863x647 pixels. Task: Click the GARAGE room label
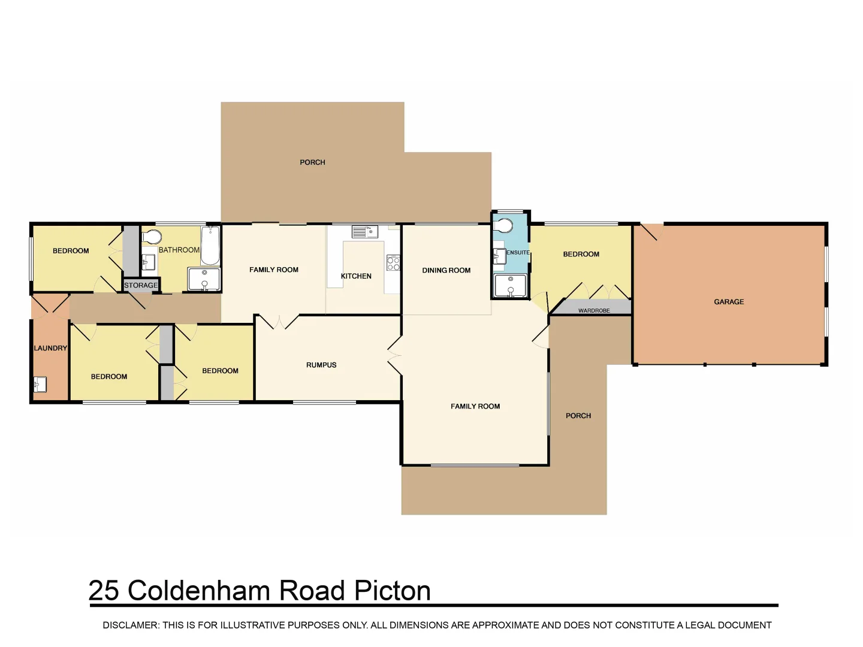(x=729, y=302)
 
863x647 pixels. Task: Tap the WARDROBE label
(x=594, y=310)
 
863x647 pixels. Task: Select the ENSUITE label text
(x=518, y=253)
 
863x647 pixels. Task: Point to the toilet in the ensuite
(x=505, y=226)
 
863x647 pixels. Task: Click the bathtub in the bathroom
(x=210, y=246)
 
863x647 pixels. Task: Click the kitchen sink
(x=364, y=231)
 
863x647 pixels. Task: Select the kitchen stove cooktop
(x=393, y=263)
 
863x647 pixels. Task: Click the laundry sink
(x=40, y=383)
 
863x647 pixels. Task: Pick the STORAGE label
(x=141, y=285)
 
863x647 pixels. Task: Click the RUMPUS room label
(x=321, y=365)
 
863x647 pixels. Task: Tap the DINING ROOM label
(x=446, y=270)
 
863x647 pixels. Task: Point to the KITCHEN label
(x=356, y=276)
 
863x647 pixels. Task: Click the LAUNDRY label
(x=50, y=348)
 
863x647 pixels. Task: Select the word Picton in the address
(x=393, y=591)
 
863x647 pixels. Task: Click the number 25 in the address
(x=104, y=591)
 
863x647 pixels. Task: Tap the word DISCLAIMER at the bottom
(x=130, y=625)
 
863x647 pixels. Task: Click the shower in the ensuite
(x=510, y=285)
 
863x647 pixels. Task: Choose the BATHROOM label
(x=179, y=250)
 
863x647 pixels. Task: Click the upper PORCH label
(x=312, y=162)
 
